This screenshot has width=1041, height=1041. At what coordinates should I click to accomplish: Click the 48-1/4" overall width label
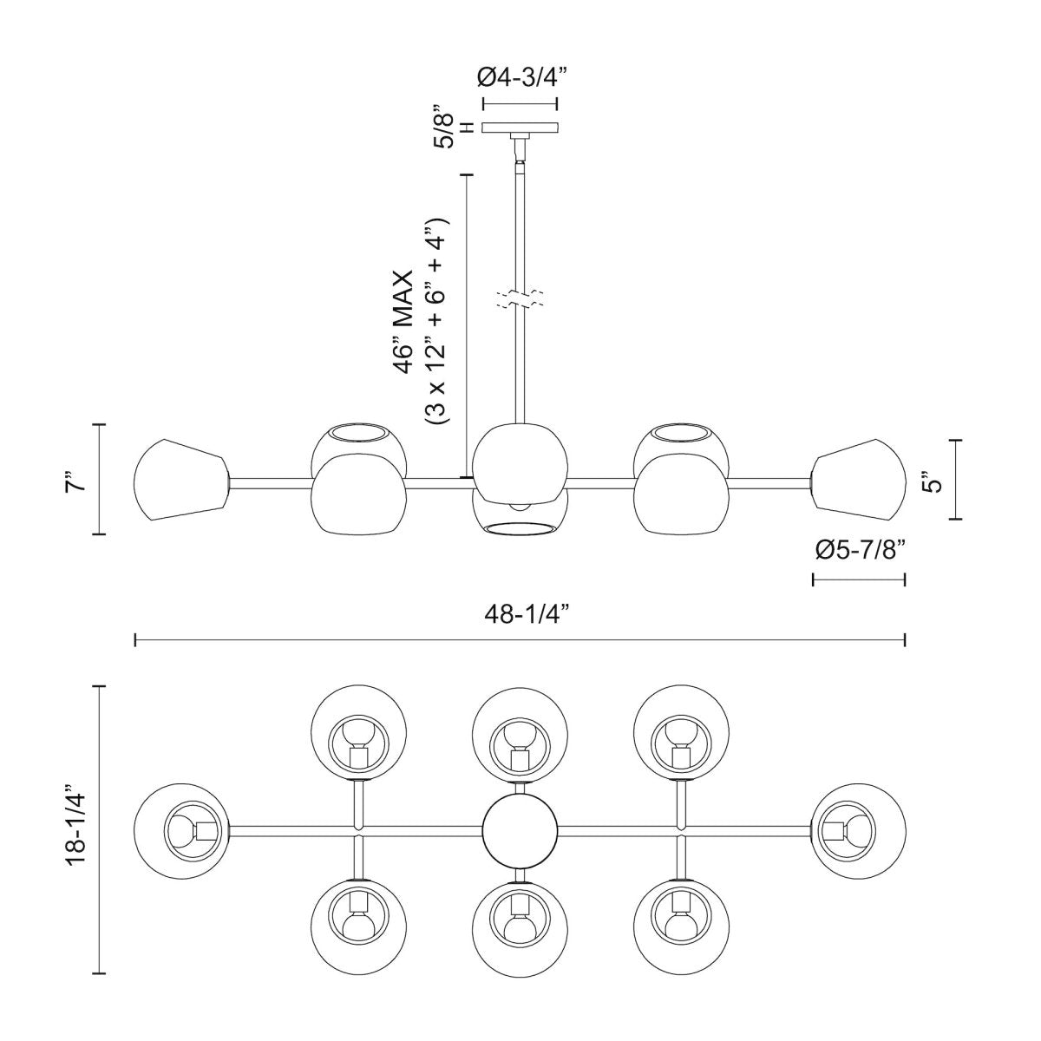click(521, 615)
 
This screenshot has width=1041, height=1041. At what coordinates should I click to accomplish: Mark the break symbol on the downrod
click(520, 299)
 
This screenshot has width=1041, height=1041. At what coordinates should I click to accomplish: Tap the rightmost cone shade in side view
click(859, 481)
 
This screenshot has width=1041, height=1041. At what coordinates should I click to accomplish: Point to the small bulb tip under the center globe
click(520, 505)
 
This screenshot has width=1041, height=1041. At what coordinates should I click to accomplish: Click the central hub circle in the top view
click(520, 830)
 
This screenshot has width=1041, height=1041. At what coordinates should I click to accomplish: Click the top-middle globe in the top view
click(520, 734)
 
